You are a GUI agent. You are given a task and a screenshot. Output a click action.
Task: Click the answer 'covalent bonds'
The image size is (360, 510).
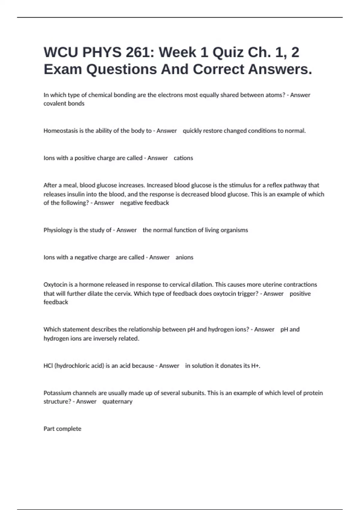tap(64, 103)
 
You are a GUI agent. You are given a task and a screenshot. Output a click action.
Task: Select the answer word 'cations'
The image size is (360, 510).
tap(183, 158)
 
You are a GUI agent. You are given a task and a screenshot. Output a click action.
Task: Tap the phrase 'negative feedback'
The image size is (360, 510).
tap(144, 203)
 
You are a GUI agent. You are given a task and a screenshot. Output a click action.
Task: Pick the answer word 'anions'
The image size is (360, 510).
tap(184, 257)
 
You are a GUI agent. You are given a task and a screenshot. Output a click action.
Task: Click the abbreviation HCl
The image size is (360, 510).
tap(48, 366)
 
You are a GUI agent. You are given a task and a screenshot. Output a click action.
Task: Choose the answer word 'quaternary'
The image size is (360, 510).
tap(117, 401)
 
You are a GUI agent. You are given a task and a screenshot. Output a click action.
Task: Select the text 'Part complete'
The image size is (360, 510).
tap(62, 429)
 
